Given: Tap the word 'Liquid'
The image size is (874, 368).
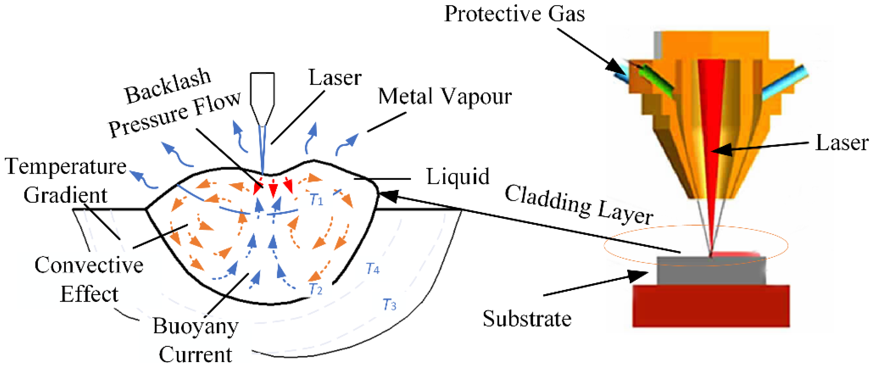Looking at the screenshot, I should [458, 177].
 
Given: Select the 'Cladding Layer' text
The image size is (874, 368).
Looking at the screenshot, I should [579, 206].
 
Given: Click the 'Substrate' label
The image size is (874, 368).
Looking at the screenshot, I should [527, 319].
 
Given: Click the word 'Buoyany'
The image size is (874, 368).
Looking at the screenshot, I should [195, 327].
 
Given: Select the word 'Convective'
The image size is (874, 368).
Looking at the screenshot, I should [89, 265].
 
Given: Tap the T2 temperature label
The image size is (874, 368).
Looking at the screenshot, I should [315, 289].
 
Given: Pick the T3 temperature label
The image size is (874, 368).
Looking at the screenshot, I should [389, 304].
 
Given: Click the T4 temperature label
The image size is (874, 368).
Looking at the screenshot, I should [373, 268].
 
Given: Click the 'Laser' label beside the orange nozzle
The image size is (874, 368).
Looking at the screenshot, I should [842, 143].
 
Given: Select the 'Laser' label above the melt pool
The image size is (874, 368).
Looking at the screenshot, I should [334, 78].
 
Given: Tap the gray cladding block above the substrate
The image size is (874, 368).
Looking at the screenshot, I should [711, 271].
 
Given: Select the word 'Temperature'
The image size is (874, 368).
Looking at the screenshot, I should [66, 167].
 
